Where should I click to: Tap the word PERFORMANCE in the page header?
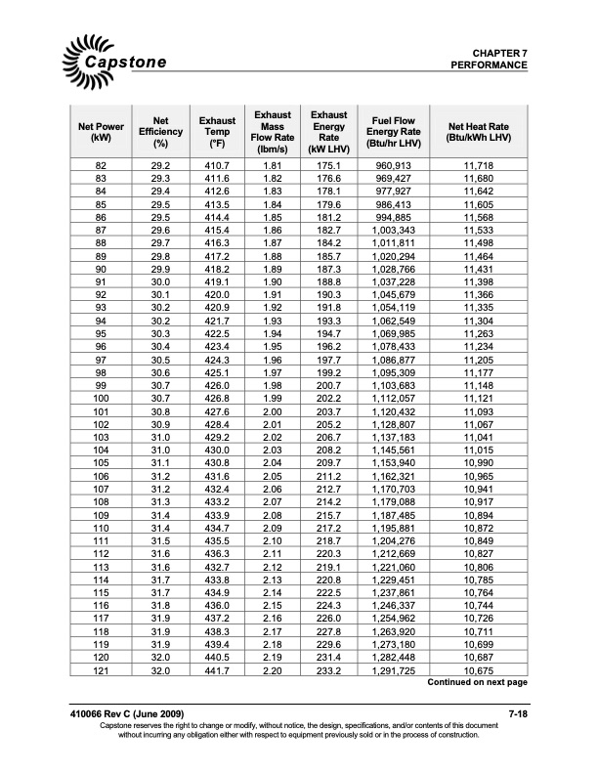point(490,65)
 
